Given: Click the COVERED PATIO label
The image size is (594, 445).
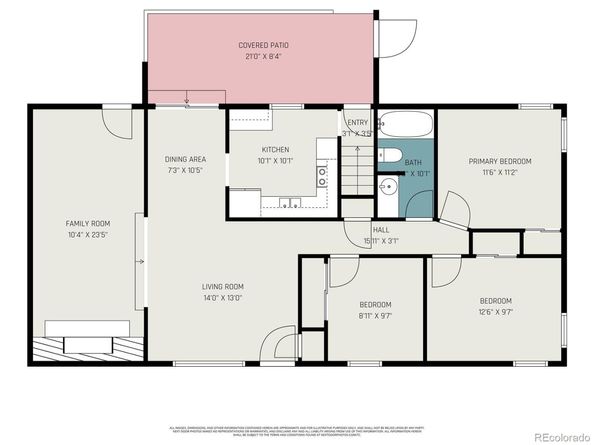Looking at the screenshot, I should click(257, 46).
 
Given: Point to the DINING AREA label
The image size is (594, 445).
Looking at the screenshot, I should click(185, 159).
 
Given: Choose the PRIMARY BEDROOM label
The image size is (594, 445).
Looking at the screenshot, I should click(500, 161).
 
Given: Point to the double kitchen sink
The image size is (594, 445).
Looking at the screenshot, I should click(291, 203).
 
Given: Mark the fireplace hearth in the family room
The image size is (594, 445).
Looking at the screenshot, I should click(88, 348).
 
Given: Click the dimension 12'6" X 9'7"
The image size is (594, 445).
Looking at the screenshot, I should click(495, 312).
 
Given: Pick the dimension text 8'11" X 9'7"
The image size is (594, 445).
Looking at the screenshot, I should click(376, 315).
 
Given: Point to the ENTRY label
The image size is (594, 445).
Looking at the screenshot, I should click(356, 122).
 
